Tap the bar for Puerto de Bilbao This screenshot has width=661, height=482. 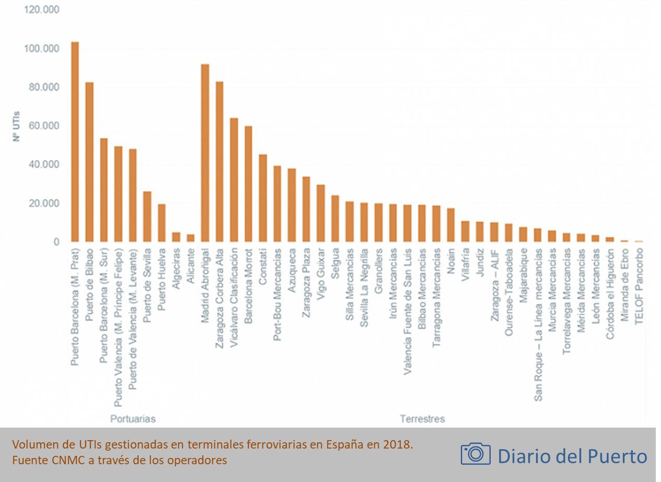89,162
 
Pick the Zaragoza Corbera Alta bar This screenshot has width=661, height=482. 219,162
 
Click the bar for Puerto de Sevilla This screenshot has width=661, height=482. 147,216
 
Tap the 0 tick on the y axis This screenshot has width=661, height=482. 55,242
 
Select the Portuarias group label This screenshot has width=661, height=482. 133,419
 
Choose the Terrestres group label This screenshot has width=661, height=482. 422,419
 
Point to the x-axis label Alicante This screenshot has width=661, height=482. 191,266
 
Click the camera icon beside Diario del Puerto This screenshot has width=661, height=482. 476,453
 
